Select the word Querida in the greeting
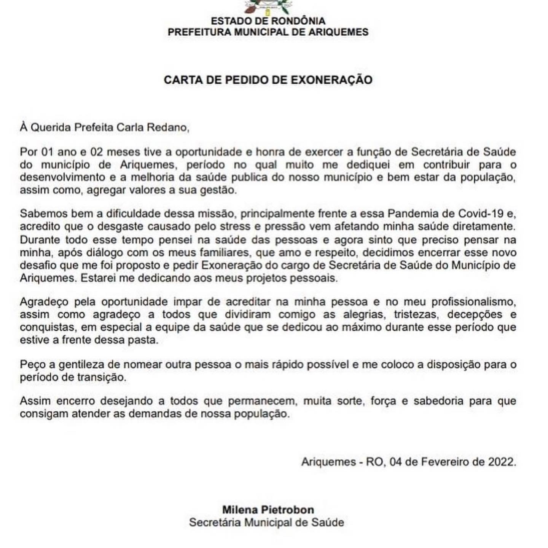[51, 127]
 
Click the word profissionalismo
[473, 302]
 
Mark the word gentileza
[81, 365]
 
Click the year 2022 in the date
[502, 462]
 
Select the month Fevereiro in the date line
[440, 462]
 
